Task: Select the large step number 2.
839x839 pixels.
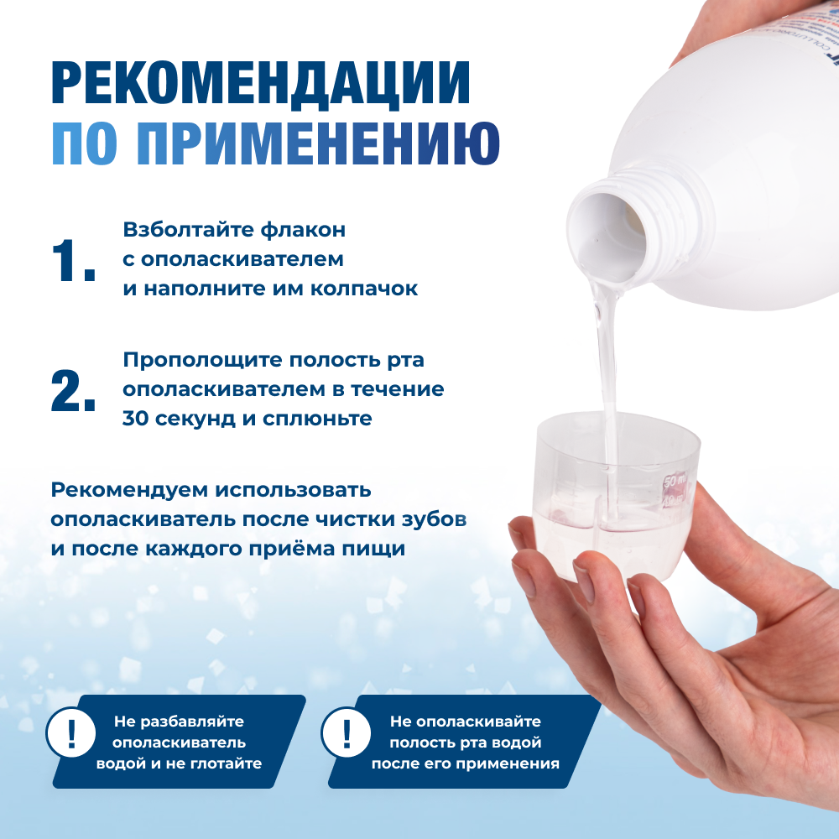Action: click(73, 390)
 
